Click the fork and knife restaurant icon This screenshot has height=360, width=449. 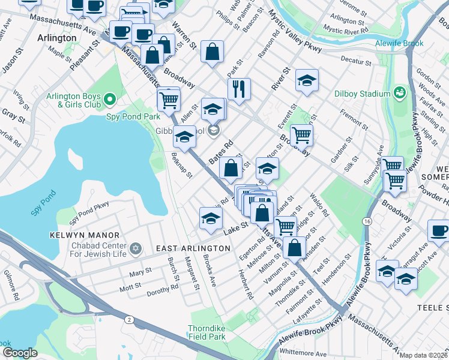click(x=239, y=88)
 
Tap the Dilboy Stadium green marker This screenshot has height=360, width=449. click(x=399, y=93)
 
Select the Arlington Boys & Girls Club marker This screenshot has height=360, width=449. click(x=109, y=98)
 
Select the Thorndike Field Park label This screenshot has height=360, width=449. click(x=215, y=333)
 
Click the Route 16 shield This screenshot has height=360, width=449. click(x=366, y=221)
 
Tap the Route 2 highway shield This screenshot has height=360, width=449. click(x=128, y=319)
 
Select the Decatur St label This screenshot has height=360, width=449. click(x=356, y=61)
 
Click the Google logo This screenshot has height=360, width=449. click(x=20, y=353)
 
